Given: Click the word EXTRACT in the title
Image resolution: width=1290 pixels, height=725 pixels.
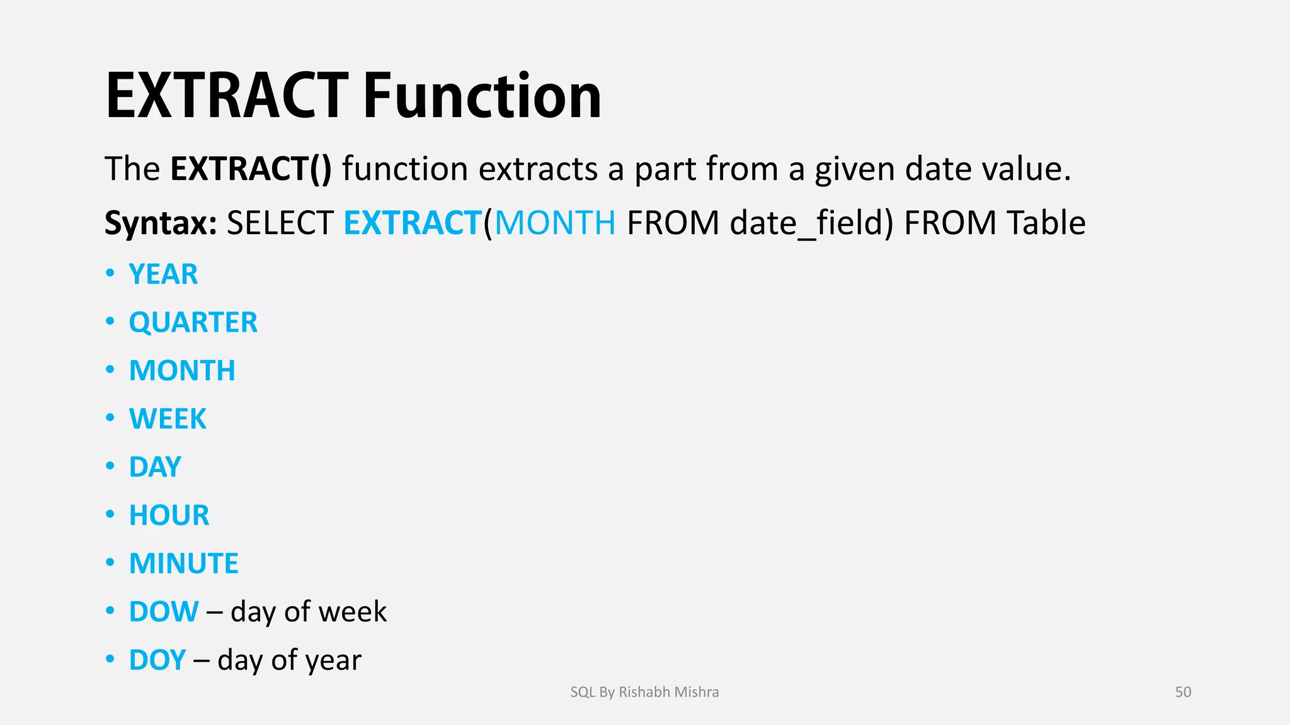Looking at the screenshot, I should (x=227, y=96).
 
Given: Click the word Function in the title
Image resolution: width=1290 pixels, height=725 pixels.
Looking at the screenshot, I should (x=482, y=96).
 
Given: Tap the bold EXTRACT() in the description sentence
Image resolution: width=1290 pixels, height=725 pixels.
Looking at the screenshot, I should (x=251, y=169).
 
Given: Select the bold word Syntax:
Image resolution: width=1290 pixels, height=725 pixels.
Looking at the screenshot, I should (x=161, y=223).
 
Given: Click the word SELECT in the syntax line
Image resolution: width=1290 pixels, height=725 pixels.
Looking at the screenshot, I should (x=280, y=223).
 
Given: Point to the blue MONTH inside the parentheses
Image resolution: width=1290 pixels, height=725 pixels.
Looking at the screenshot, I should (x=555, y=223).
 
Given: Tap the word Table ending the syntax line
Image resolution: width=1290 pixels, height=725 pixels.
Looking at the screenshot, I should (x=1046, y=223).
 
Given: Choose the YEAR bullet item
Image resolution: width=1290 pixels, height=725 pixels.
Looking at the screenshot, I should (x=163, y=274).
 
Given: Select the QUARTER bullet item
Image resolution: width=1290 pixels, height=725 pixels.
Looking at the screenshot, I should (x=193, y=322).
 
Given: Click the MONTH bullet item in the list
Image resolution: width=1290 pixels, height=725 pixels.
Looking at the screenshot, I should (x=182, y=371).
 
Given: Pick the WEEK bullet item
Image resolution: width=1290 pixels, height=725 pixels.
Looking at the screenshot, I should (x=168, y=419).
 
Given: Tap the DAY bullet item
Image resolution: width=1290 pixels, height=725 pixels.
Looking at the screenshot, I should (x=155, y=467).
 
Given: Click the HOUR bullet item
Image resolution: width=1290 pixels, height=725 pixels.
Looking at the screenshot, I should (x=169, y=515).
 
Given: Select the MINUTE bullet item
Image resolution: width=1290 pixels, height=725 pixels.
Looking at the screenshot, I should (x=183, y=563).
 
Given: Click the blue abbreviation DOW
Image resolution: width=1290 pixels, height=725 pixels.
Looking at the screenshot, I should (x=164, y=612).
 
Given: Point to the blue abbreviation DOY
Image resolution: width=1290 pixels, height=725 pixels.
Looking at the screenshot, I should (x=157, y=660).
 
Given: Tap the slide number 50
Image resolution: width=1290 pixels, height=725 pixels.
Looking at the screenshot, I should (x=1183, y=692).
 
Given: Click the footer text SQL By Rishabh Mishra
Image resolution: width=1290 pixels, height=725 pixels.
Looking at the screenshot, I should (x=644, y=692).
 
